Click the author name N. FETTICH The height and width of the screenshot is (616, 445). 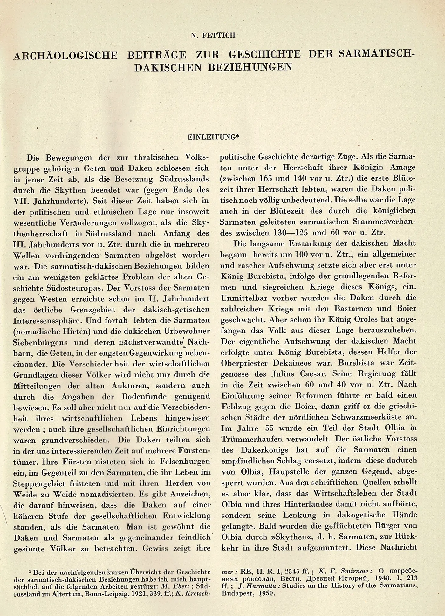(213, 35)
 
